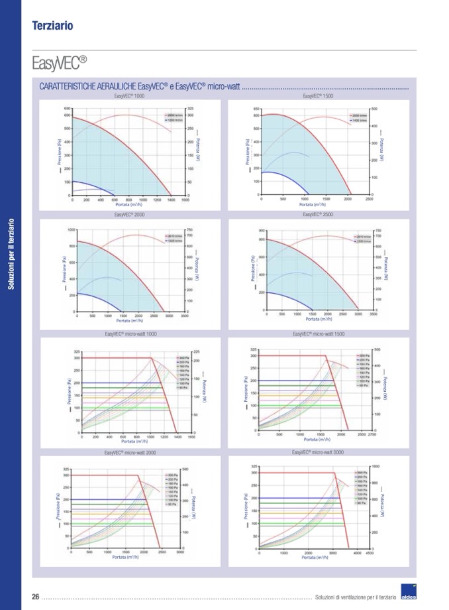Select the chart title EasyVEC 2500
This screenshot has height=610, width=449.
(318, 215)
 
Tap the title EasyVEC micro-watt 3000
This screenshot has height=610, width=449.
(318, 452)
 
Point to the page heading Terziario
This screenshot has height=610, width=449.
(52, 26)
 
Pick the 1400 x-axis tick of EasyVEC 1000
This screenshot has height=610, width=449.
(170, 200)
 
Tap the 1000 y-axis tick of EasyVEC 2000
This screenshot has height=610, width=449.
(71, 229)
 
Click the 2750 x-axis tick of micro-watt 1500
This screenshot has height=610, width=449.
(372, 434)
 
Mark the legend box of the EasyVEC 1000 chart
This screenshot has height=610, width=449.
(174, 117)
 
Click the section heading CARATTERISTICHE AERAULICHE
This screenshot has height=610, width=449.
(140, 87)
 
